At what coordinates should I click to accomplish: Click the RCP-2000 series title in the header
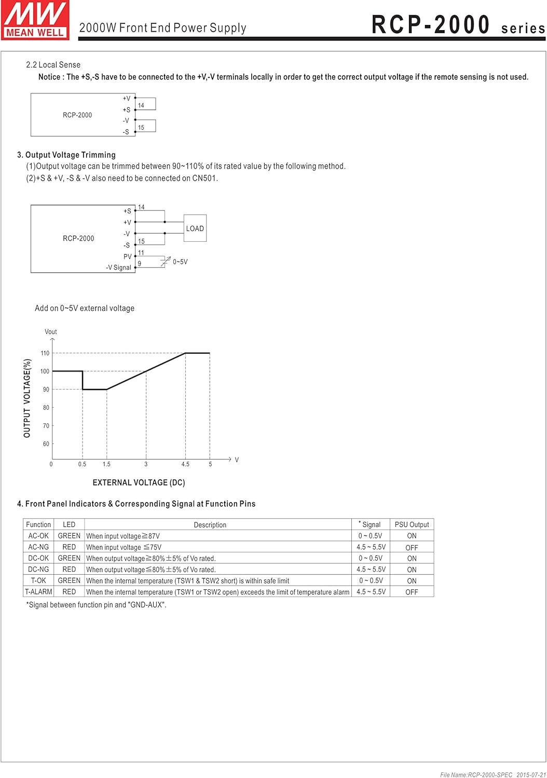coord(458,25)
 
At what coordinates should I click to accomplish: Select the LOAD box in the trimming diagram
coord(195,228)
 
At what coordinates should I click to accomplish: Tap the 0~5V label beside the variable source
coord(180,262)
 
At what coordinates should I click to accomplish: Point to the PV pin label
coord(128,257)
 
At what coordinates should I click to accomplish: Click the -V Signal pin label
coord(118,268)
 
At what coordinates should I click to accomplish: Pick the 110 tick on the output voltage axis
coord(45,353)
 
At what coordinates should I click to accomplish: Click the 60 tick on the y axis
coord(46,444)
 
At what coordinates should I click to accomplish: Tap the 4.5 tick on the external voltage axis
coord(185,464)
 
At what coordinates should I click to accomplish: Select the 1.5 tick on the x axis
coord(106,464)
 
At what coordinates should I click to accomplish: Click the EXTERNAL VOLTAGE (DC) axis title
coord(139,482)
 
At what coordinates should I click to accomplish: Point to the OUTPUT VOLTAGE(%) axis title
coord(27,398)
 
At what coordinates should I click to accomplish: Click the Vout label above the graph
coord(51,332)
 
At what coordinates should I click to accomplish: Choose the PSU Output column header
coord(412,524)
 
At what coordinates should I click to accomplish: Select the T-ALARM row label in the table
coord(38,592)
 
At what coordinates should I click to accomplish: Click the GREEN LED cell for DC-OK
coord(69,558)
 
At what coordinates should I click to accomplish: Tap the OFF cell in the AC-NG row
coord(412,547)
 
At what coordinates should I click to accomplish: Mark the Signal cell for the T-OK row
coord(371,580)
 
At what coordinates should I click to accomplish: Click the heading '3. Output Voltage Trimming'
coord(66,155)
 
